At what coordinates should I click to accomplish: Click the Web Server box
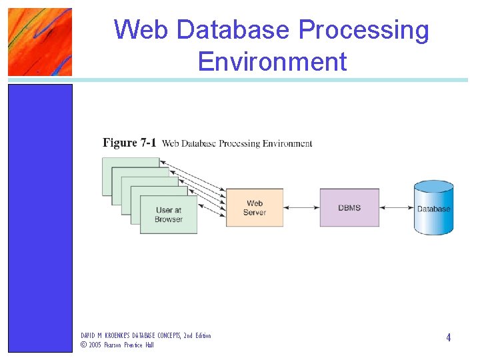[255, 207]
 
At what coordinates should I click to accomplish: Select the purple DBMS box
[349, 207]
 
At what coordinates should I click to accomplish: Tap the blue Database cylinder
[433, 208]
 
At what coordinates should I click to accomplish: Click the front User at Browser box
[169, 215]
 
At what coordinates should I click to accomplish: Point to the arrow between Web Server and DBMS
[301, 207]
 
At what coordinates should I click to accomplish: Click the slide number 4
[449, 338]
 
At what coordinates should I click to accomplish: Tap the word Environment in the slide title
[272, 61]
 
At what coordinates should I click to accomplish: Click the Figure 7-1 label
[129, 143]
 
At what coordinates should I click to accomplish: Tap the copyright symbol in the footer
[83, 345]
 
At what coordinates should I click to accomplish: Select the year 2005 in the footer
[95, 345]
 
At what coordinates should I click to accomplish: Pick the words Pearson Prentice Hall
[129, 345]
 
